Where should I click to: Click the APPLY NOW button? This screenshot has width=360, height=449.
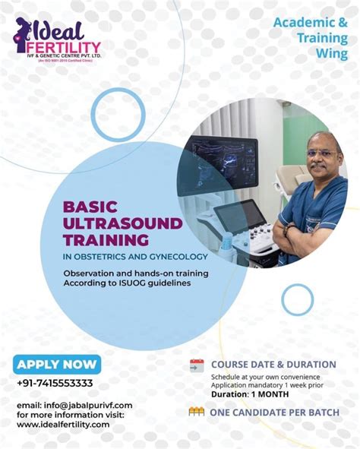[57, 365]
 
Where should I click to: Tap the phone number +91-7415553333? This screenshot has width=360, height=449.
[55, 384]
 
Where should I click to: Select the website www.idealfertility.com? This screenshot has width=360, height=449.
[63, 424]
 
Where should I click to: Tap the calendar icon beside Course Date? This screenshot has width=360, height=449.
[197, 365]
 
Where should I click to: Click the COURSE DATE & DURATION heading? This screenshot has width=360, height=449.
[273, 365]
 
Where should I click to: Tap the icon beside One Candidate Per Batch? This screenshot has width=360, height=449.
[197, 412]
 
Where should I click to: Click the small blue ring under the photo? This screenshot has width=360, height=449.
[297, 299]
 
